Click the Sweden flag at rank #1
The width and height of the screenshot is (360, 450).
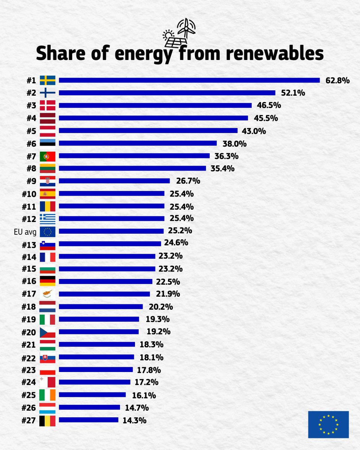click(48, 80)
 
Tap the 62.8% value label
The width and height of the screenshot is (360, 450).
click(337, 80)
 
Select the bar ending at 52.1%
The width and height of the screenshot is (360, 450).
click(167, 93)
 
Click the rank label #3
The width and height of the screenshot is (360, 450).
click(31, 105)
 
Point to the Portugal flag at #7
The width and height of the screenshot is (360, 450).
click(48, 156)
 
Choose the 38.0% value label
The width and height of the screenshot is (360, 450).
click(235, 143)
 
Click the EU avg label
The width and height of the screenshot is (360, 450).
click(25, 232)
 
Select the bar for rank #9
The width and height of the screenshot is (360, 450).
click(114, 181)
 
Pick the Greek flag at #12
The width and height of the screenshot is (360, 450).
click(48, 219)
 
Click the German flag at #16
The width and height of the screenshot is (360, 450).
click(48, 281)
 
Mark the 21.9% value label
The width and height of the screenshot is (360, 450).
click(168, 294)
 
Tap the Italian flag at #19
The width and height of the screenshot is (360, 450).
click(48, 319)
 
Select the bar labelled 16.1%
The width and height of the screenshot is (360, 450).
click(92, 394)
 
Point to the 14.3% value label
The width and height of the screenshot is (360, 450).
click(134, 420)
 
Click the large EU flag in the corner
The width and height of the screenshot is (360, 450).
click(328, 424)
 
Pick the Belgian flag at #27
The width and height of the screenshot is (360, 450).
click(48, 420)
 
